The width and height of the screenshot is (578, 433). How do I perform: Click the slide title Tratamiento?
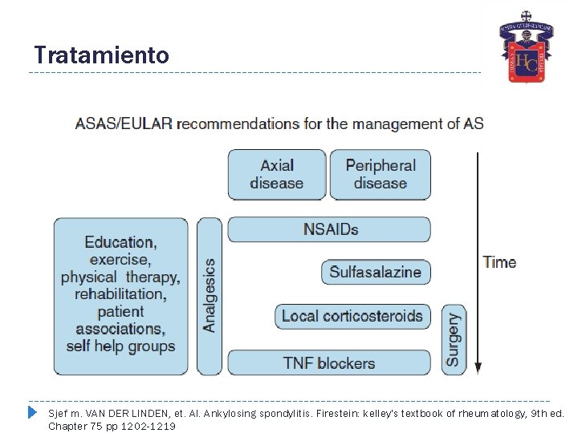[x=101, y=55]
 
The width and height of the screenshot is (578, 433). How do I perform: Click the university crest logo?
[x=526, y=49]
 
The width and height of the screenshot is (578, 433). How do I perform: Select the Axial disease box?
[x=277, y=174]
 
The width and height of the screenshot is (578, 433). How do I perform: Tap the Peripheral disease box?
[x=381, y=174]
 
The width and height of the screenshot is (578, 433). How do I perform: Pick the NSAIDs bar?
[x=330, y=229]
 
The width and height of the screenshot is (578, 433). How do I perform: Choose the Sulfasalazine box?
[x=375, y=272]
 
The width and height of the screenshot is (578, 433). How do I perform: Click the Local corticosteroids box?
[x=352, y=316]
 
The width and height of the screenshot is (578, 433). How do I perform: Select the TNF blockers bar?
[x=328, y=362]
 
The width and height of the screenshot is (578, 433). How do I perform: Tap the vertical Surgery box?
[x=454, y=339]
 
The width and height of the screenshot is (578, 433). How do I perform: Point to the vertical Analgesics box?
[x=209, y=295]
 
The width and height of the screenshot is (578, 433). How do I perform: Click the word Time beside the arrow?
[x=499, y=262]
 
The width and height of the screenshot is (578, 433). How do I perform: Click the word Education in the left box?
[x=120, y=241]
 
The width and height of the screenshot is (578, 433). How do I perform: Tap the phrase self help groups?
[x=120, y=346]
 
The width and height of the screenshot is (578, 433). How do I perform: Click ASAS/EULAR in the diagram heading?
[x=123, y=124]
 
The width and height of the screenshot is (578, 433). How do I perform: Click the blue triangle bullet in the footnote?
[x=33, y=413]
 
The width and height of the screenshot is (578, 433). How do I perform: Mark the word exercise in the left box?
[x=120, y=259]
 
